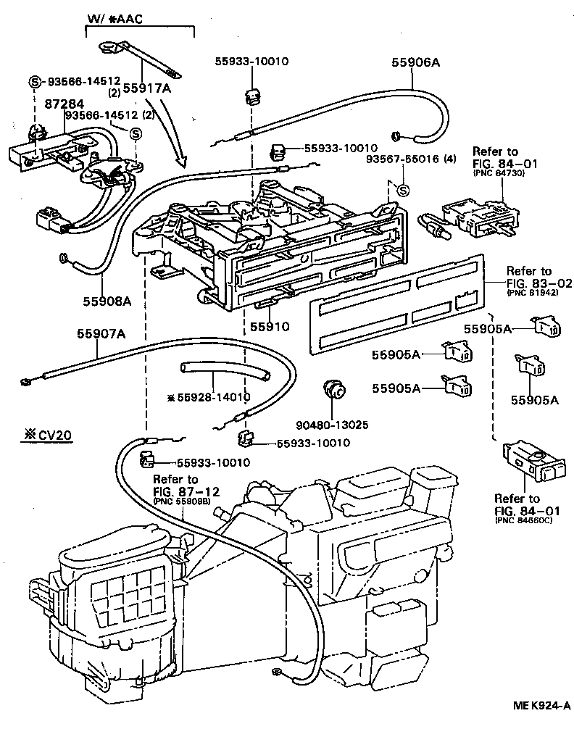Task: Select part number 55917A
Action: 148,88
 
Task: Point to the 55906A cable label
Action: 416,63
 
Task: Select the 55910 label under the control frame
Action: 270,327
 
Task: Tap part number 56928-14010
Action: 209,398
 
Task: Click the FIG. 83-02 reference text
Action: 528,283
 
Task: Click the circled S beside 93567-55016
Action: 404,191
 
